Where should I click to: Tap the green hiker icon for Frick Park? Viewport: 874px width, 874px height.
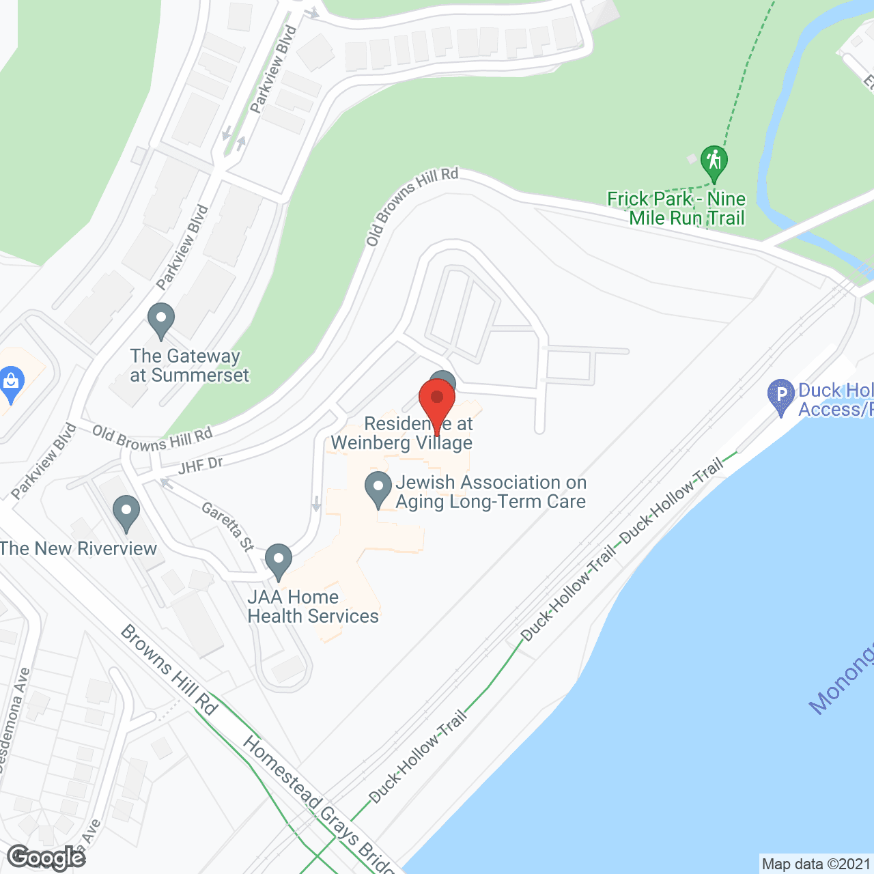click(714, 163)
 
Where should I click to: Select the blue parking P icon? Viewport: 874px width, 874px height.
click(781, 396)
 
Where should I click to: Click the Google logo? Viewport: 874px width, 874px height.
click(46, 858)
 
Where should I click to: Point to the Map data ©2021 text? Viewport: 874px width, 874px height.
click(816, 864)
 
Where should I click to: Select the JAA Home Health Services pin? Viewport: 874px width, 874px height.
click(278, 561)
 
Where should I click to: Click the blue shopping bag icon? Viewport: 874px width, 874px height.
click(11, 384)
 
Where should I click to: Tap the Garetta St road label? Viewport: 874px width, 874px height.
click(228, 526)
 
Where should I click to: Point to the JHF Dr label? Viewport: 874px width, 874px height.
click(201, 466)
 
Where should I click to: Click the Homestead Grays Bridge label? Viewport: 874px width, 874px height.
click(318, 806)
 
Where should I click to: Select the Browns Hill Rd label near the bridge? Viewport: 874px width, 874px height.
click(169, 669)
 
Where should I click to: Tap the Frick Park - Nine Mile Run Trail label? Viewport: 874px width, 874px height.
click(677, 208)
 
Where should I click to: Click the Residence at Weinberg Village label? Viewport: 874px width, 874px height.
click(402, 434)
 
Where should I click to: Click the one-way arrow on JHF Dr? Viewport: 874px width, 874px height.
click(166, 483)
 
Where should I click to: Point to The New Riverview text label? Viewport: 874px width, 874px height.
click(79, 548)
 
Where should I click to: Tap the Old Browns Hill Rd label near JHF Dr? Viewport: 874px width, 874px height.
click(153, 439)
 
